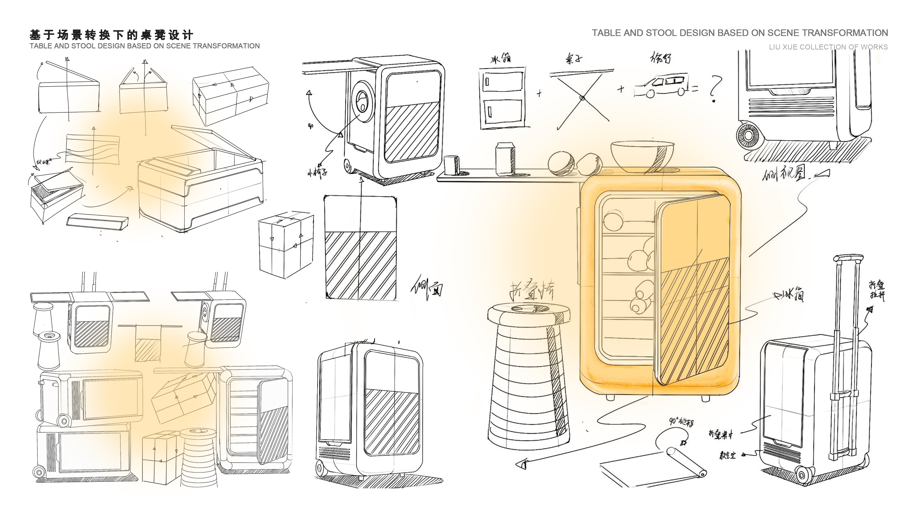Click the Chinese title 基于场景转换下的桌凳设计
pos(111,35)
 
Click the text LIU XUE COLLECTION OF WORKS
pos(828,47)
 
